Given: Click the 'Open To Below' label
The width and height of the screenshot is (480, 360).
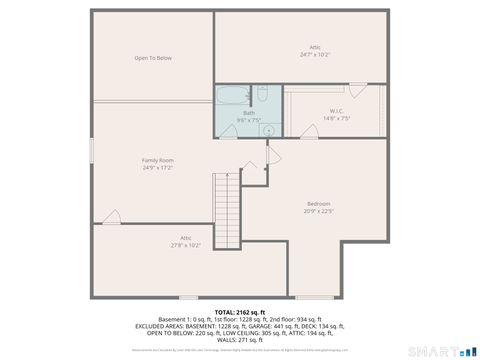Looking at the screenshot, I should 154,58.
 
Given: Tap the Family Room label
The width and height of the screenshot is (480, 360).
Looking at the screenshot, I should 158,160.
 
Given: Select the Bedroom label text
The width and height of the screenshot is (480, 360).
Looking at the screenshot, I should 318,204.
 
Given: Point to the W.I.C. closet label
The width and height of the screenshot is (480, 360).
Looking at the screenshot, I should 337,111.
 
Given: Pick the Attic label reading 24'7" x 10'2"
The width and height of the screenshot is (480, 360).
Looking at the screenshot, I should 315,51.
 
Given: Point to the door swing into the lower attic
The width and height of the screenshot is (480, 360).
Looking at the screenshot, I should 111,217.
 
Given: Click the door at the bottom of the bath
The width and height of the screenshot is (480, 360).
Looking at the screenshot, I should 229,132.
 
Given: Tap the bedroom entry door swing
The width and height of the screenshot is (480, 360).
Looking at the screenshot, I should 273,156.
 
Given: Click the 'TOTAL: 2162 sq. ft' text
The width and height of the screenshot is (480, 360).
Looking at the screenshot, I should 240,312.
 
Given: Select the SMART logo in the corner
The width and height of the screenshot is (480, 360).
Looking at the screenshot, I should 440,350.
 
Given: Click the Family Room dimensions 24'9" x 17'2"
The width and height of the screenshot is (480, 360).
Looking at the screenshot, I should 158,168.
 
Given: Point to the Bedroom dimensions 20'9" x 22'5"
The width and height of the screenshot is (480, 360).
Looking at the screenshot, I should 318,211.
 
